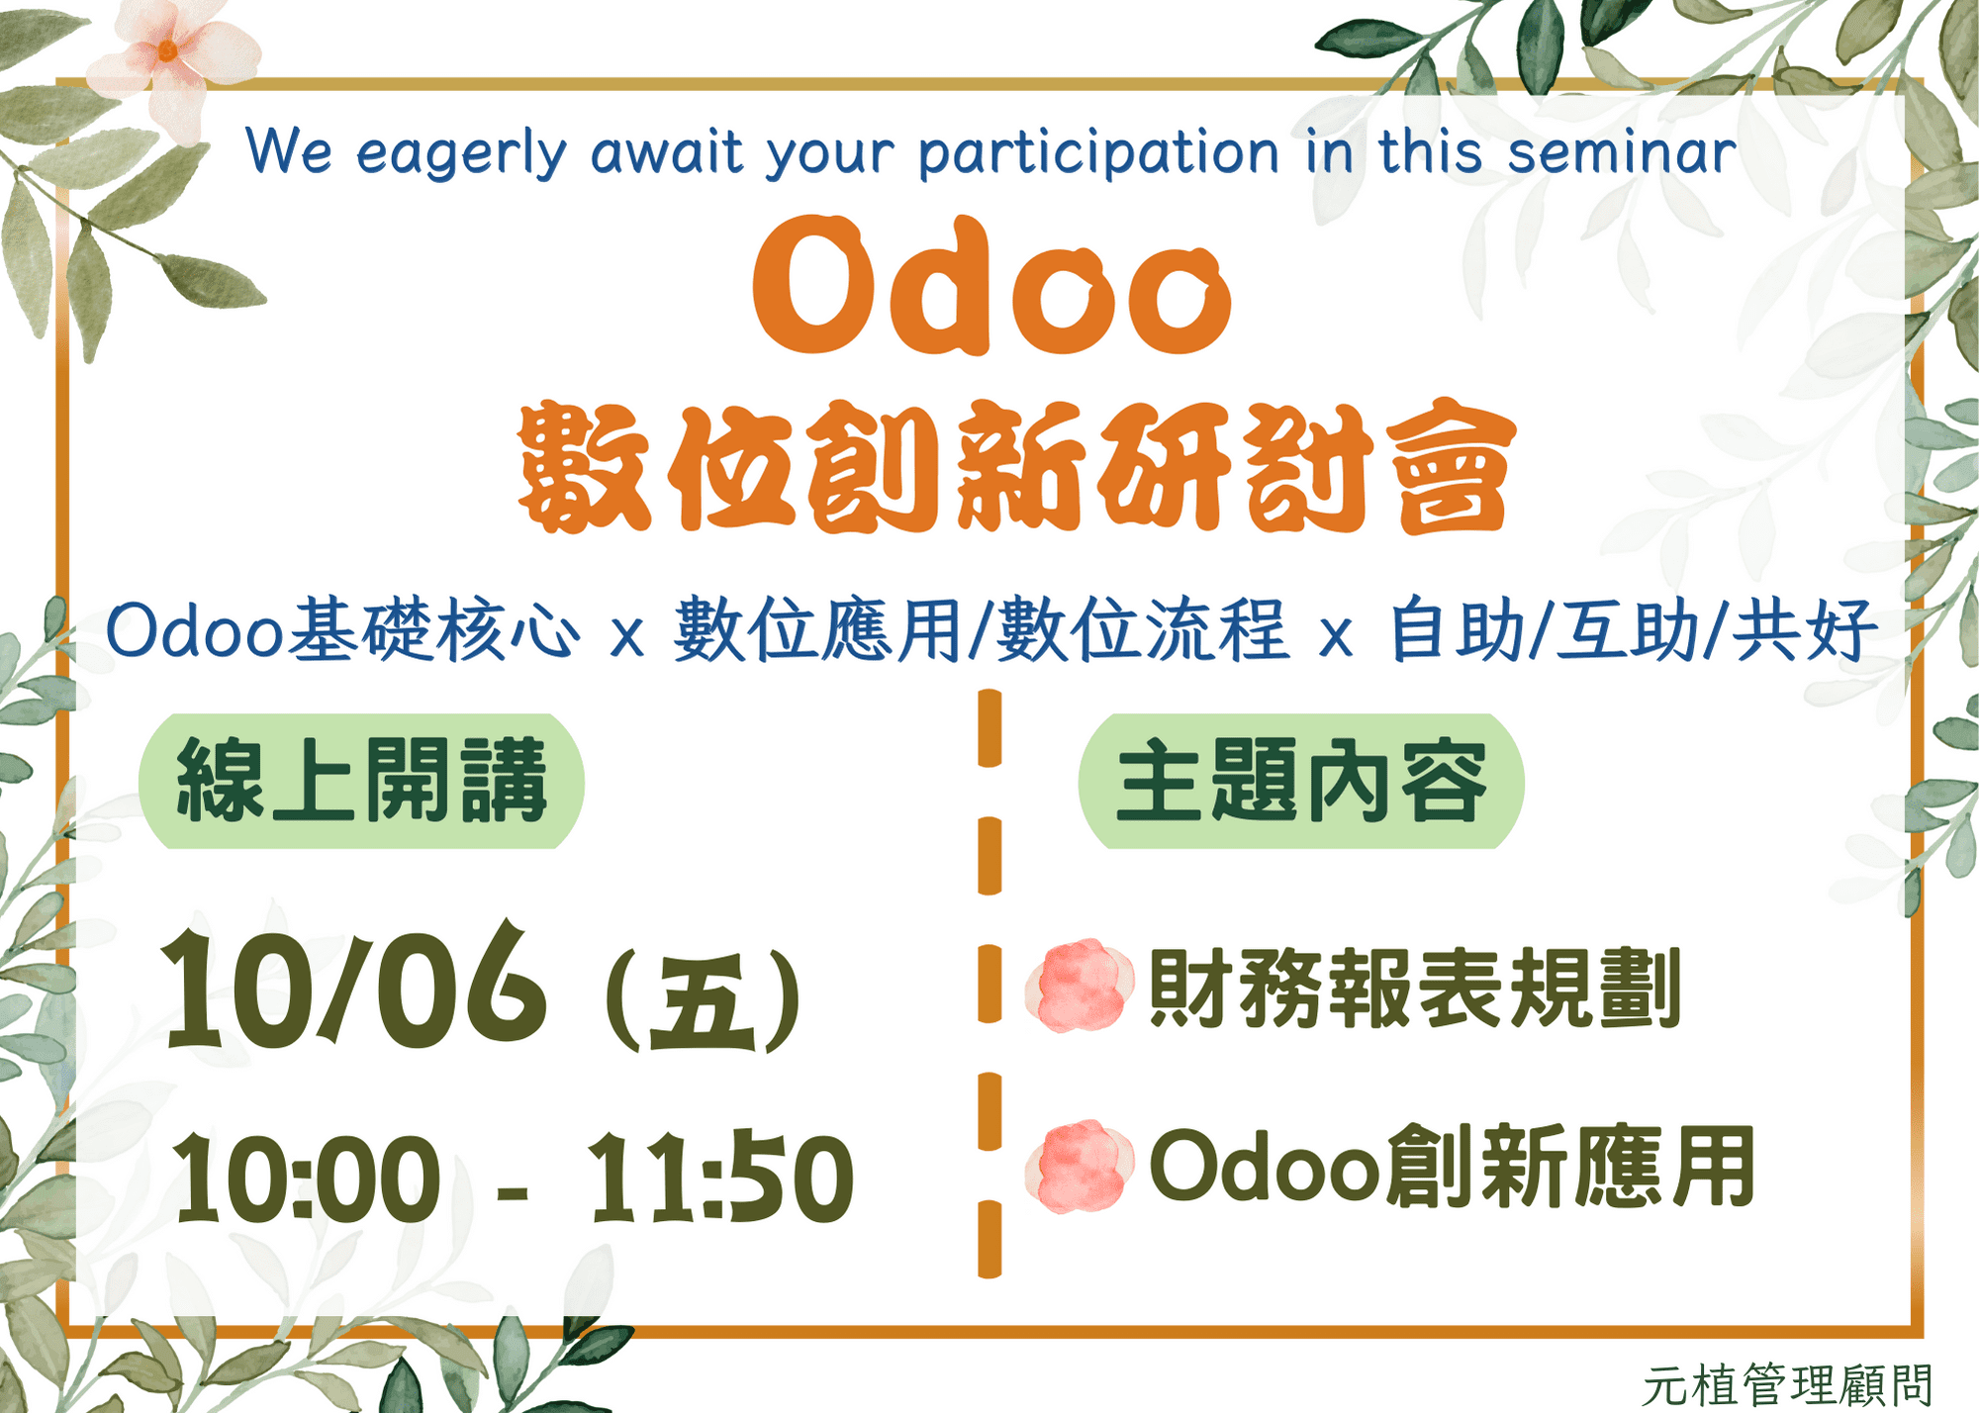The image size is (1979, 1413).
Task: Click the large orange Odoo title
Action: tap(991, 286)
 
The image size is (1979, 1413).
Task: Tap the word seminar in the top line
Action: tap(1622, 153)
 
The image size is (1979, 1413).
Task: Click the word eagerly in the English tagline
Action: tap(462, 156)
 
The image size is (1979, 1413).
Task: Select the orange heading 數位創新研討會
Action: tap(1016, 467)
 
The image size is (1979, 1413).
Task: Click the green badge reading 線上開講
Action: tap(361, 782)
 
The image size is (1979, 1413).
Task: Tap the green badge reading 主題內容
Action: tap(1301, 782)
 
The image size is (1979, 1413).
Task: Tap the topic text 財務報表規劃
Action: tap(1415, 988)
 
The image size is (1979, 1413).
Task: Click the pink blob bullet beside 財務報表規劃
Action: tap(1080, 986)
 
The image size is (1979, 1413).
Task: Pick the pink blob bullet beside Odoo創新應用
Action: tap(1080, 1167)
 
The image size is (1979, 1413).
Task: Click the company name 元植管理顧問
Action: tap(1788, 1385)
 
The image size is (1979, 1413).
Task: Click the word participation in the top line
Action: tap(1099, 155)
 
